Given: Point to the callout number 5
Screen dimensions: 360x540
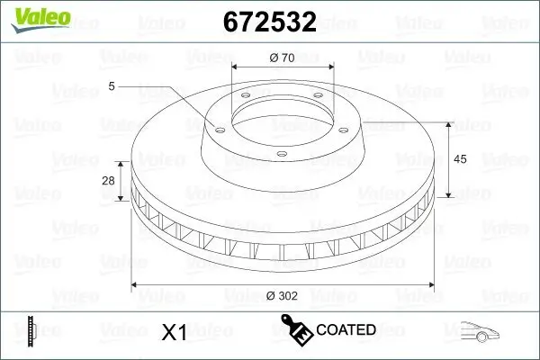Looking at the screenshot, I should pos(111,86).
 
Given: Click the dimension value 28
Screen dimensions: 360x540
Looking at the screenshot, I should pos(108,181).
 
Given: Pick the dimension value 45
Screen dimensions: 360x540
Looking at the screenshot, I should pos(460,159).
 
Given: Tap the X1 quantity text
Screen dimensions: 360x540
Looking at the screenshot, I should pos(173,332).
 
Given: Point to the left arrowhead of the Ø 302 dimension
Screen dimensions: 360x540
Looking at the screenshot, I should pos(137,285).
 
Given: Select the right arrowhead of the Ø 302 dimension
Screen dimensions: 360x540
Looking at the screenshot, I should pos(428,285).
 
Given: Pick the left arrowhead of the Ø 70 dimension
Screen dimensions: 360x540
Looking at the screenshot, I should pos(235,67).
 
